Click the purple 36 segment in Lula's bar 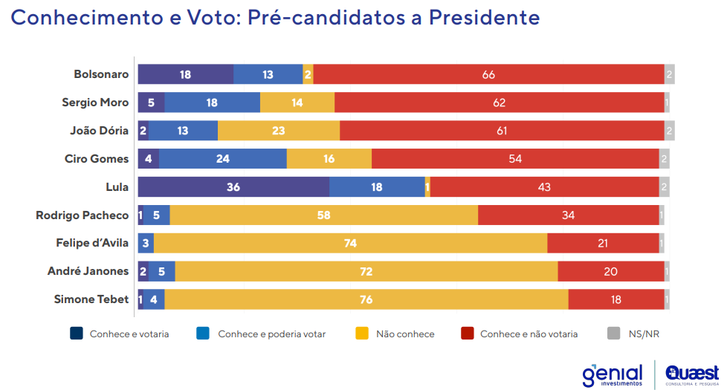click(233, 187)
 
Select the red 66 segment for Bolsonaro click(488, 74)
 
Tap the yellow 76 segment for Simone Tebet click(366, 299)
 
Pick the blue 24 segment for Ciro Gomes click(222, 159)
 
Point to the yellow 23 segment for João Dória click(279, 131)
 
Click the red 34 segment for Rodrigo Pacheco click(568, 215)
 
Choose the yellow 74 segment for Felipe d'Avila click(350, 243)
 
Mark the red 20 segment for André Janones click(610, 271)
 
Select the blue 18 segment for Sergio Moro click(212, 103)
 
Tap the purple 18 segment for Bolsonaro click(185, 74)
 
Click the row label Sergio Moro click(96, 103)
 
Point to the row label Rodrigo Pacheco click(83, 215)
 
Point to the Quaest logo click(691, 374)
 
